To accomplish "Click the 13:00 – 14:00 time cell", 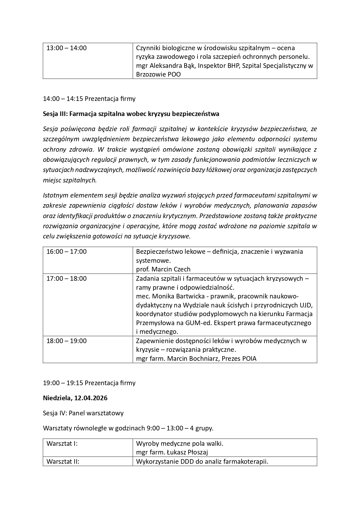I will (x=66, y=48).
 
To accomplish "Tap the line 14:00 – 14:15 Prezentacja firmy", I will (x=89, y=99).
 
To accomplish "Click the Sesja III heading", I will (x=131, y=114).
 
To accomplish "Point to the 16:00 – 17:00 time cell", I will (x=66, y=252).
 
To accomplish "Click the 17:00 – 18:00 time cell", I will (x=66, y=279).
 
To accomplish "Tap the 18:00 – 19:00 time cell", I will (x=66, y=341).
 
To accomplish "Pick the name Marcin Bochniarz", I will (x=194, y=359).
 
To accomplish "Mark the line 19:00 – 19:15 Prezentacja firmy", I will (x=89, y=383).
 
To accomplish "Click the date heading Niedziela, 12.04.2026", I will (x=75, y=398).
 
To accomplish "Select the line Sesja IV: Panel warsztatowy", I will (x=83, y=413).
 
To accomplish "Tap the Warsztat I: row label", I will (x=62, y=444).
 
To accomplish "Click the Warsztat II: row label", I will (x=63, y=462).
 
